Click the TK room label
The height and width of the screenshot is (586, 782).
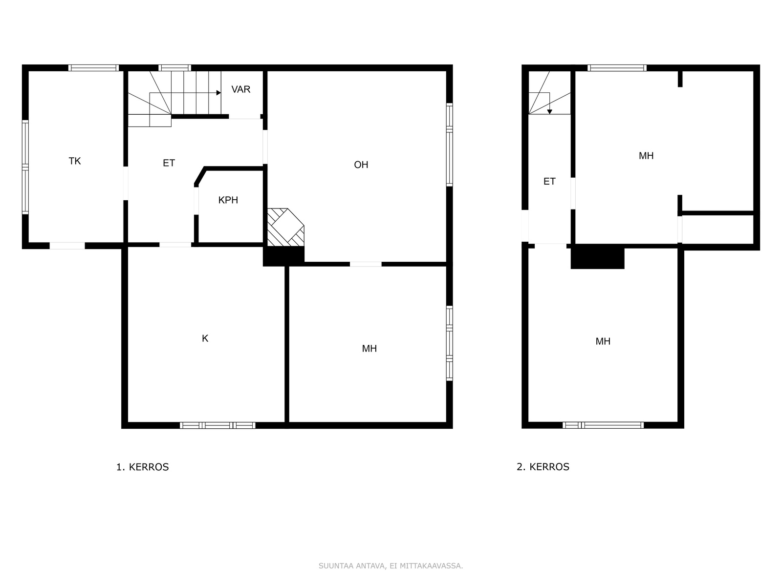75,161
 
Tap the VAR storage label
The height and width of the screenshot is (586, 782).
241,89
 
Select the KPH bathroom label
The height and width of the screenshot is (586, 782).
228,200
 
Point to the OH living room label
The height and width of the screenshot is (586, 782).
361,165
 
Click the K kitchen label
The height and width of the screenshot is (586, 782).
205,338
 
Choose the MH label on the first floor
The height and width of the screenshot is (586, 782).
369,348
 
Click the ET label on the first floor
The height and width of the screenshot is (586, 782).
169,163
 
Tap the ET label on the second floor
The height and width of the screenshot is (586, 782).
549,182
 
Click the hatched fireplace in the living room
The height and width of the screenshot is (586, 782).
286,227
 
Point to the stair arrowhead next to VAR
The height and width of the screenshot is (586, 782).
219,93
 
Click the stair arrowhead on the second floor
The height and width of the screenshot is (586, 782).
550,112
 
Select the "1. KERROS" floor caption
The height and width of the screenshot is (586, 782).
143,467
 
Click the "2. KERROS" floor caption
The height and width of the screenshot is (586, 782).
543,467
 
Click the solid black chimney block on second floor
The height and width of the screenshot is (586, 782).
597,256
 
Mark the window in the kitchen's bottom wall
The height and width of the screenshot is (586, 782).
217,425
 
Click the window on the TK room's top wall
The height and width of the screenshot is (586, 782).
94,68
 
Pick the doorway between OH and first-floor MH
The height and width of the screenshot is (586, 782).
366,264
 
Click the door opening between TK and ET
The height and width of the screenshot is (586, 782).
126,183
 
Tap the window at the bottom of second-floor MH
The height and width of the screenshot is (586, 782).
603,425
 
